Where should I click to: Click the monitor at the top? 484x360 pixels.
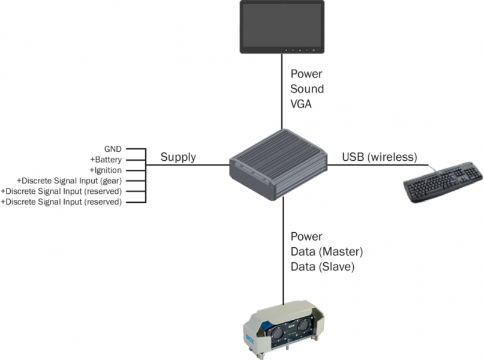click(282, 26)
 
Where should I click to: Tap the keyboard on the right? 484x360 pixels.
click(443, 181)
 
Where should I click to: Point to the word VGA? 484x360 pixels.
click(302, 103)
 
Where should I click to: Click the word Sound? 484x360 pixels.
click(307, 89)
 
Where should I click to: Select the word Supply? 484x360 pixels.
click(178, 157)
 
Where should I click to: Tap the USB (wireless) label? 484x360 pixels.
click(379, 157)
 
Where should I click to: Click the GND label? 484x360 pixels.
click(112, 148)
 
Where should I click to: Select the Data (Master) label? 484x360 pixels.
click(327, 251)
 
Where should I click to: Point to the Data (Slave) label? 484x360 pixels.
click(322, 266)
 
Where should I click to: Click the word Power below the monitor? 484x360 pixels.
click(306, 74)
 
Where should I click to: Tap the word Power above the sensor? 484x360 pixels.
click(306, 236)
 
